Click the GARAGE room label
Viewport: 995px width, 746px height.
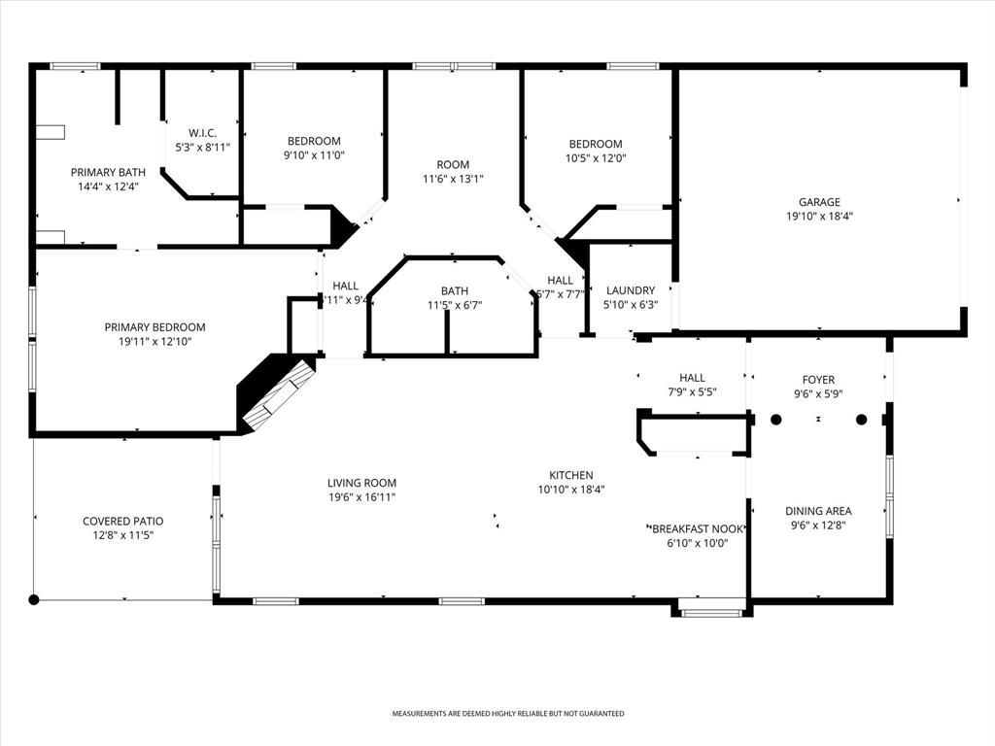click(820, 202)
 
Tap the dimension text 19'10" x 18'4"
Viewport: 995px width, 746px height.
click(820, 217)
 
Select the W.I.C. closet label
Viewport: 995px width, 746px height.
click(202, 132)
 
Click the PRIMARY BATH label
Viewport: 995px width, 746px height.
click(108, 172)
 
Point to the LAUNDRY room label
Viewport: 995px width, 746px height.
click(631, 290)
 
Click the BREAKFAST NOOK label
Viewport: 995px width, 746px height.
click(697, 529)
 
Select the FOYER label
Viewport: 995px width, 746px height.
click(818, 380)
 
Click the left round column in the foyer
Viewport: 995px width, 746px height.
click(776, 420)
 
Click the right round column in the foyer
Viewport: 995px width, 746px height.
click(861, 420)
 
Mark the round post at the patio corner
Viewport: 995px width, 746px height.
click(34, 599)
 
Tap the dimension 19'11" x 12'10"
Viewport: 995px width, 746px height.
click(155, 342)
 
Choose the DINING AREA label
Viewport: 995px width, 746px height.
click(818, 511)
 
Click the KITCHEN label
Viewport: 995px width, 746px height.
click(571, 475)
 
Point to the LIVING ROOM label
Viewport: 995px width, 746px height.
click(361, 483)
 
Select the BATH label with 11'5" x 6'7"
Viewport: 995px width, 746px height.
click(455, 290)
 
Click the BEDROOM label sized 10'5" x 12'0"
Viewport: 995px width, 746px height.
click(596, 144)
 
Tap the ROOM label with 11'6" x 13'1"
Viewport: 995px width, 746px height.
click(453, 164)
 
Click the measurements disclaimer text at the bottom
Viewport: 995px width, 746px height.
click(507, 714)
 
